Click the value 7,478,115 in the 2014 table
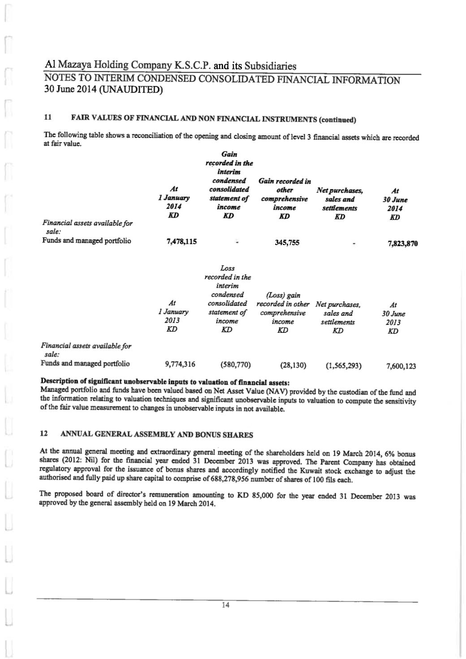181,242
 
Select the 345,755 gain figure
287,243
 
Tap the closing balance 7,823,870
402,244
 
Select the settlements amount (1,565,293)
344,366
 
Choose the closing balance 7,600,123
401,366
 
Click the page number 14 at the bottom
225,605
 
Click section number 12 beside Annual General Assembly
44,434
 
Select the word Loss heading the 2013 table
228,268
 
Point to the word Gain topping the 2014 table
229,154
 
